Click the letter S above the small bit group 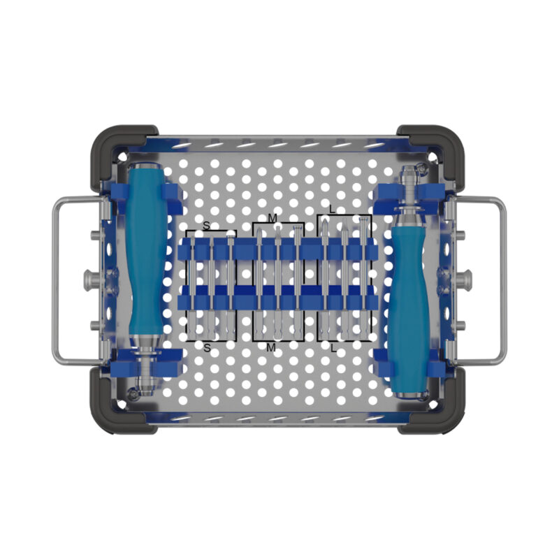206,226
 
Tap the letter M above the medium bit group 273,218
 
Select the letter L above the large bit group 333,210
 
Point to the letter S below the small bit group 207,348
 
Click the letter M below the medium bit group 271,347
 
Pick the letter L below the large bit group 333,348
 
